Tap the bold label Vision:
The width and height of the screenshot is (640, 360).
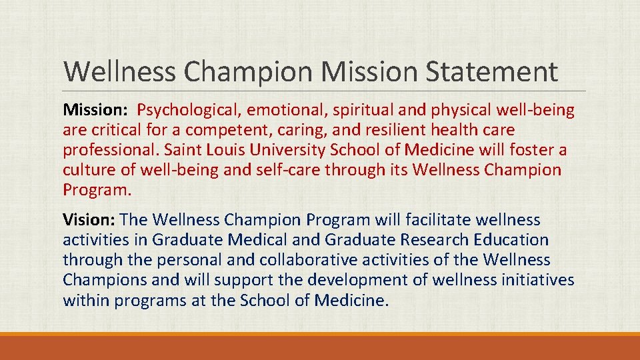pos(89,219)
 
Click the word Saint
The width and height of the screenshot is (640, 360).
pos(188,149)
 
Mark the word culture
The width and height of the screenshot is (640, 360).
pos(87,169)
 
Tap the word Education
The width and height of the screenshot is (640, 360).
pos(511,239)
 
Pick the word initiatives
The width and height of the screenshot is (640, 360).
pos(530,279)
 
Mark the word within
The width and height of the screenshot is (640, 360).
pos(86,300)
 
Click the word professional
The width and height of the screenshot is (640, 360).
pos(112,149)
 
